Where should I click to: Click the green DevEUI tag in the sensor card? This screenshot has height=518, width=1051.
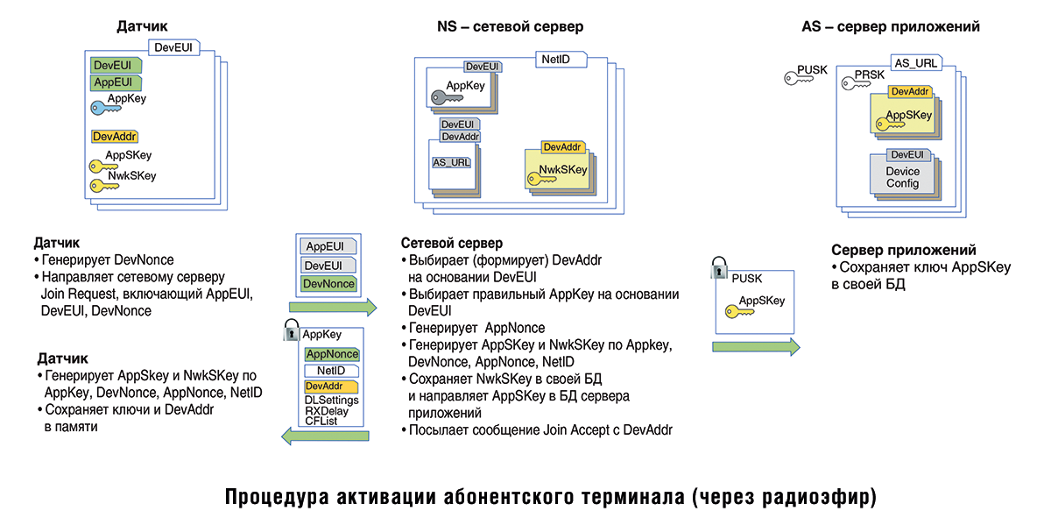tap(111, 65)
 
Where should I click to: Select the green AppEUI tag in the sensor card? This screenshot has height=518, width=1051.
tap(111, 82)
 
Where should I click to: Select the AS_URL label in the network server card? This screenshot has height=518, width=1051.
tap(452, 162)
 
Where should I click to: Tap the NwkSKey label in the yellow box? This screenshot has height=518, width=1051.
tap(562, 169)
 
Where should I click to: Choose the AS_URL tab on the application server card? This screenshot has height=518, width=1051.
tap(915, 63)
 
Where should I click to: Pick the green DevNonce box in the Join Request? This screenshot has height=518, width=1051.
tap(328, 284)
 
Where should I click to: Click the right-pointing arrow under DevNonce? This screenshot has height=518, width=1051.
tap(333, 307)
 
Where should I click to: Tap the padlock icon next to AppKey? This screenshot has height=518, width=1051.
tap(291, 331)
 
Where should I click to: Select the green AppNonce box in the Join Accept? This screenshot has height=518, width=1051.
tap(331, 354)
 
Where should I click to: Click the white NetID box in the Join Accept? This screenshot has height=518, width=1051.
tap(331, 371)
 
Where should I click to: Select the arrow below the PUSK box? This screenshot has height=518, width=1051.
tap(756, 346)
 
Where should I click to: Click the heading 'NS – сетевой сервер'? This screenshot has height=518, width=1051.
tap(510, 27)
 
